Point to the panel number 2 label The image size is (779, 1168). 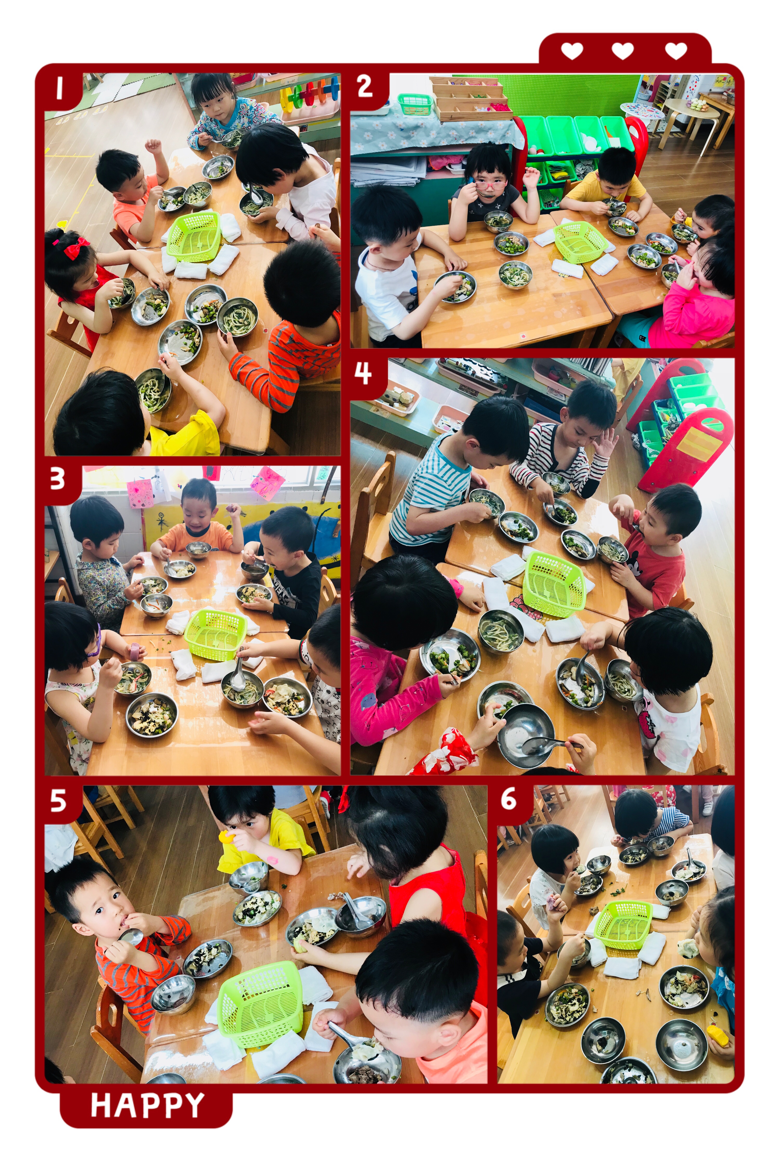pos(365,86)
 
